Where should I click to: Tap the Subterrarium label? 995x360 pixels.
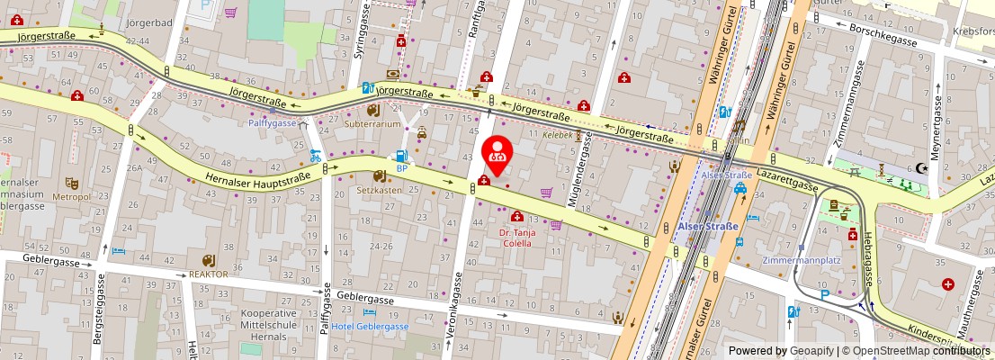coord(372,125)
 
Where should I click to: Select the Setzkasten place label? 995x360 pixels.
coord(379,190)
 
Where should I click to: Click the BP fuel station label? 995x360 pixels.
coord(402,168)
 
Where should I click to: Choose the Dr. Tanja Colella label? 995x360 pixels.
coord(517,238)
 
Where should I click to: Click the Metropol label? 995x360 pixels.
coord(71,196)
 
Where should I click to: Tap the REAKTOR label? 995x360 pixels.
coord(208,274)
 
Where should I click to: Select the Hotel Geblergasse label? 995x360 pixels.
coord(369,327)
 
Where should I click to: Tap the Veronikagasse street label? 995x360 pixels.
coord(453,306)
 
